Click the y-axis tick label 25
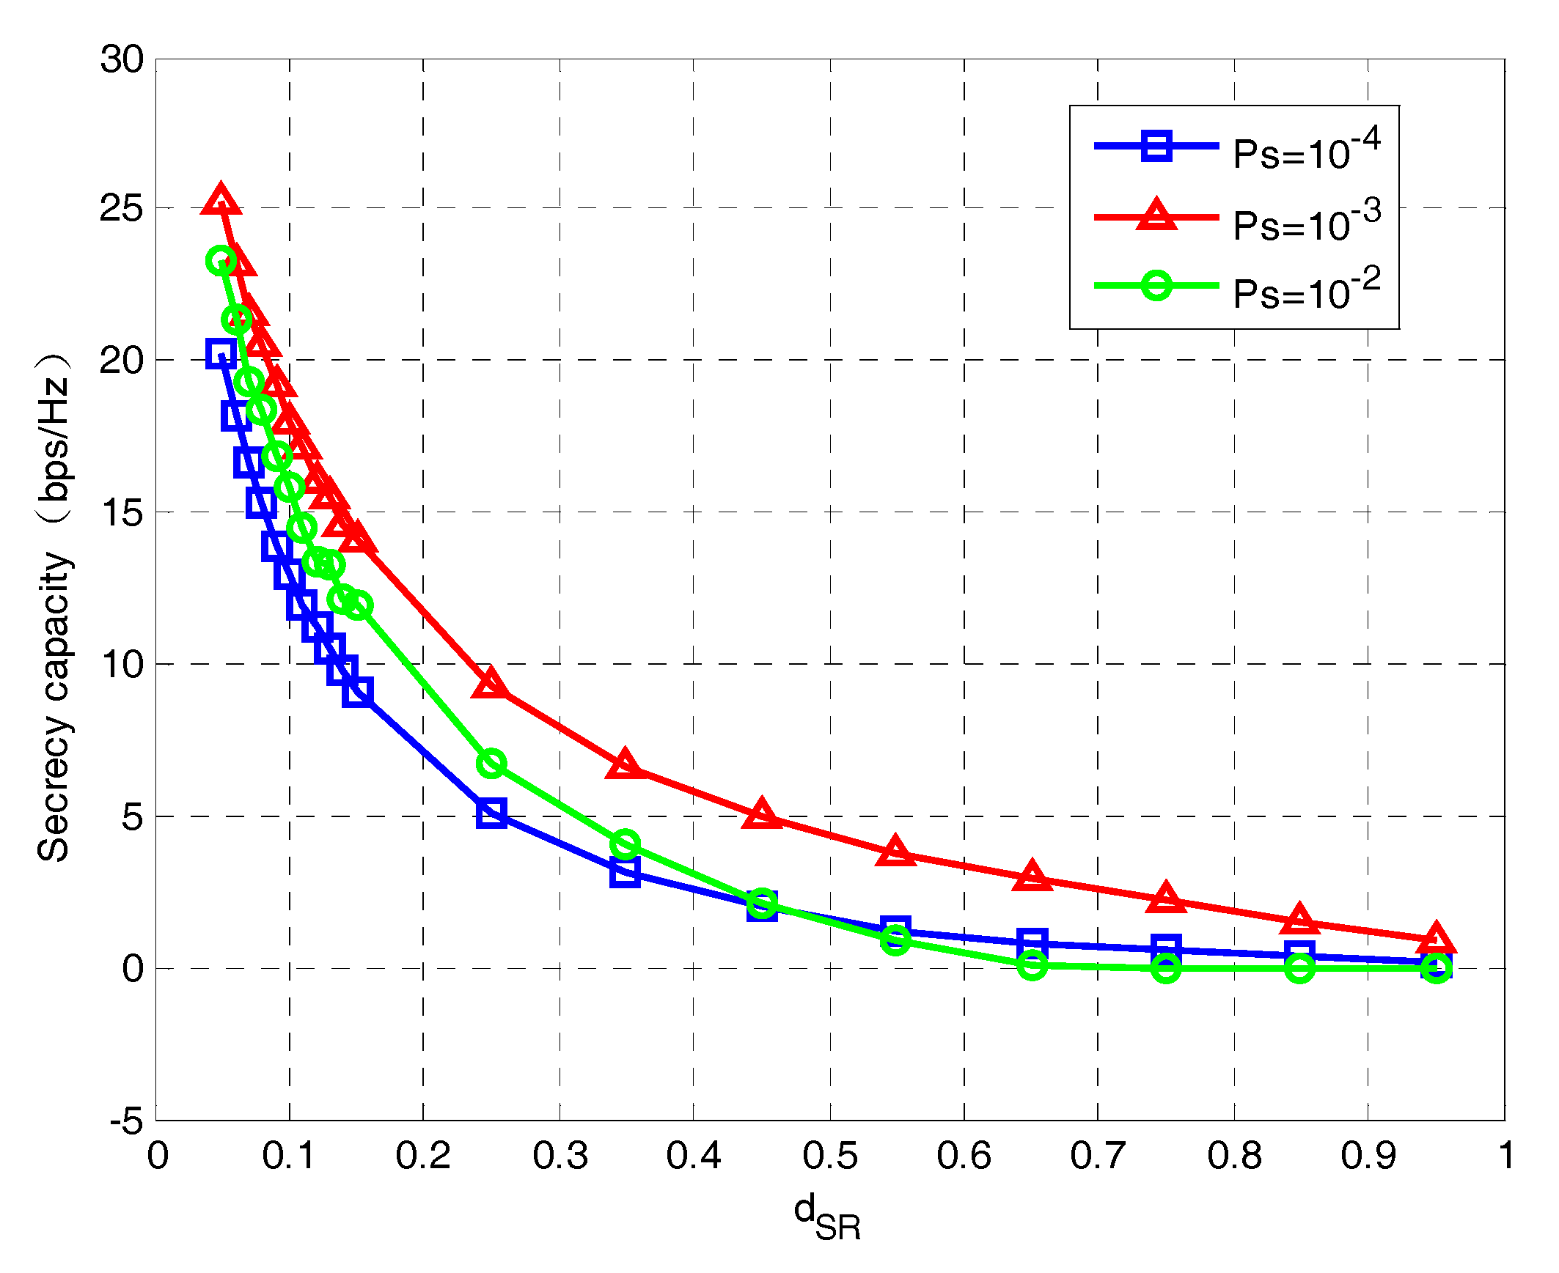click(x=122, y=209)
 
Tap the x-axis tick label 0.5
click(x=830, y=1156)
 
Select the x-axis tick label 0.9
click(x=1368, y=1156)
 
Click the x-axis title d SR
click(x=828, y=1217)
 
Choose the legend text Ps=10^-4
click(x=1307, y=149)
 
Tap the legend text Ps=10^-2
click(x=1307, y=289)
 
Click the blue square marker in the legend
click(x=1157, y=145)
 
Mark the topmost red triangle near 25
click(x=221, y=201)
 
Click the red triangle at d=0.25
click(x=491, y=685)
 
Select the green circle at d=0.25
click(x=491, y=764)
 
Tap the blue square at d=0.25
click(x=491, y=813)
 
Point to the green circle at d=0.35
click(x=624, y=844)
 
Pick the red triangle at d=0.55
click(x=895, y=851)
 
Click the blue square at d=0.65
click(x=1032, y=942)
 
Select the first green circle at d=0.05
click(x=221, y=260)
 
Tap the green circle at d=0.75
click(x=1166, y=968)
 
